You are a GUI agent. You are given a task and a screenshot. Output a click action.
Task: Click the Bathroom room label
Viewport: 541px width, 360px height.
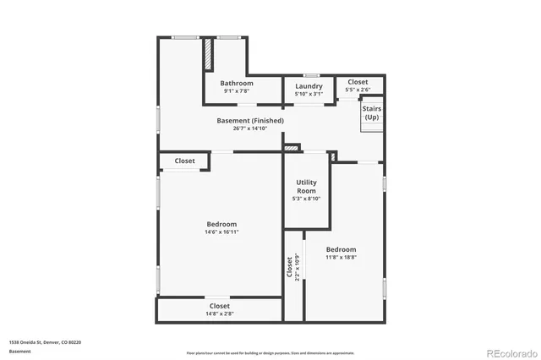click(x=237, y=84)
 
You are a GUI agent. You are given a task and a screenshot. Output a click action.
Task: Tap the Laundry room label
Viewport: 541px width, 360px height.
click(x=309, y=86)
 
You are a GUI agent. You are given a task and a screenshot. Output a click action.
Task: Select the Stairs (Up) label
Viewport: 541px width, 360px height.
click(x=372, y=112)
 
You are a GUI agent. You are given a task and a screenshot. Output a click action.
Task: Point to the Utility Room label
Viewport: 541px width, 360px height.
click(x=306, y=187)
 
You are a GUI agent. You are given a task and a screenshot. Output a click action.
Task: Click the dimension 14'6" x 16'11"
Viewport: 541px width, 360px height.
click(x=221, y=232)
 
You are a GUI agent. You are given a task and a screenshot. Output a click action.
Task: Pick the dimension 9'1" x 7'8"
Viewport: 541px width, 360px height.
click(x=237, y=92)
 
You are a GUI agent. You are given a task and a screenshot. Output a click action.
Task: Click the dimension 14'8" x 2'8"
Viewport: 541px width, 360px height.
click(x=219, y=314)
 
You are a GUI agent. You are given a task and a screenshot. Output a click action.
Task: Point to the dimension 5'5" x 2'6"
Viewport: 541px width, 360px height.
click(x=358, y=90)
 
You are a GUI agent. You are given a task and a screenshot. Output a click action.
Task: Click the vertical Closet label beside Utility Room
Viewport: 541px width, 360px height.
click(x=289, y=268)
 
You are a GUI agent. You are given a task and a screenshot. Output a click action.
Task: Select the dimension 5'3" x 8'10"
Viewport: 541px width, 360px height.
click(x=306, y=199)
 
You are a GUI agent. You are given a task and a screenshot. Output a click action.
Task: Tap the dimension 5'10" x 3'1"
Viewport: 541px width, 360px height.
click(x=309, y=94)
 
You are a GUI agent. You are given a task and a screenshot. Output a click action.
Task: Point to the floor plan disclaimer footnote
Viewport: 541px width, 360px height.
click(x=270, y=352)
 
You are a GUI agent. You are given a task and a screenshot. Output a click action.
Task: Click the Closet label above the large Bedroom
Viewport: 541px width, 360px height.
click(x=185, y=161)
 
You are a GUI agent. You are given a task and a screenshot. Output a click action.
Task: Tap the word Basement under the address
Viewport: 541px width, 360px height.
click(x=19, y=351)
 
